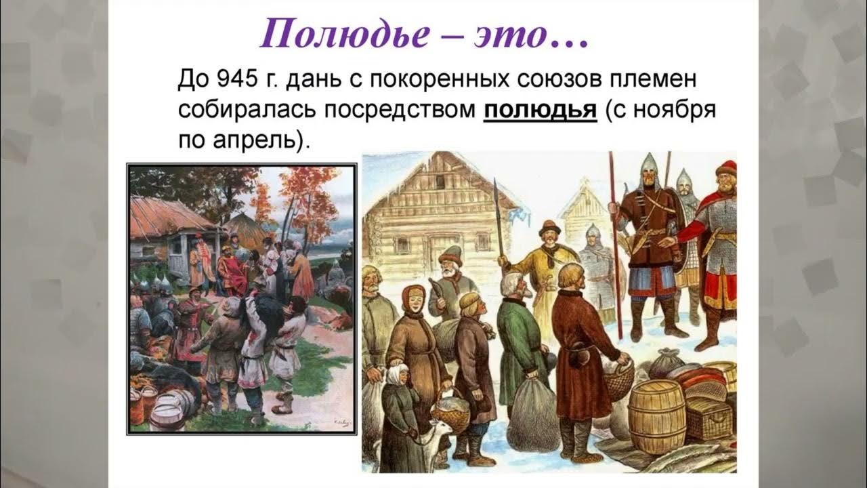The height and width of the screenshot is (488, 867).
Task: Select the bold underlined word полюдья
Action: pyautogui.click(x=540, y=110)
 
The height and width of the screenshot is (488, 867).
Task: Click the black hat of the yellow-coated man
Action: pyautogui.click(x=549, y=226)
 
